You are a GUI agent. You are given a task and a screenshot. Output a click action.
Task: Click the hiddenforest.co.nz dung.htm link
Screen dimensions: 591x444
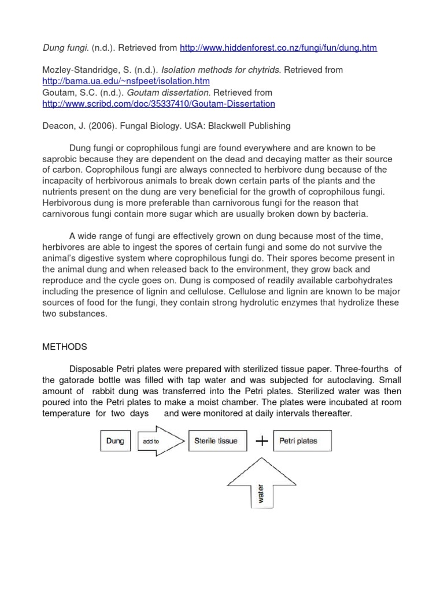[279, 48]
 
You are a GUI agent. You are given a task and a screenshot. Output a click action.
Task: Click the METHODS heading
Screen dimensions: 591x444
[65, 347]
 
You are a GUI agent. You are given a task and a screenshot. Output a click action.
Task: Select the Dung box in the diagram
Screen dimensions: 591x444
[115, 441]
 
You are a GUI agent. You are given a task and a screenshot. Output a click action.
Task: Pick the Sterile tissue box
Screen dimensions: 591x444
[217, 441]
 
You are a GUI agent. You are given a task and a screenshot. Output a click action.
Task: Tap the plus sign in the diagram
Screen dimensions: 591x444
[262, 441]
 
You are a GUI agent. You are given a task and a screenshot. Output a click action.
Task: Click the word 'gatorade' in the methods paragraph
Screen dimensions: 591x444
[79, 380]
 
